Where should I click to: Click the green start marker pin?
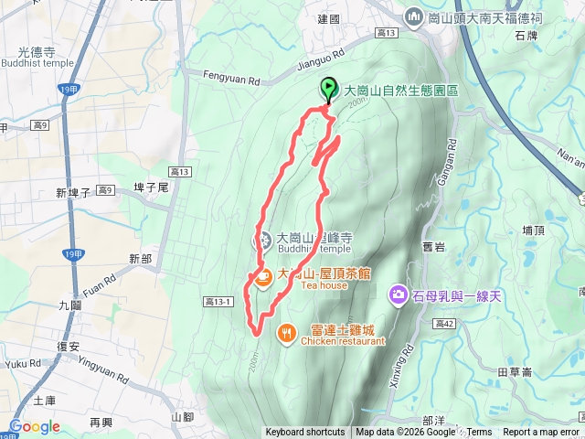click(328, 90)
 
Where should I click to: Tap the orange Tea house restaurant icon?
click(262, 277)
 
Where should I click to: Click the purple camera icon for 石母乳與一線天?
click(399, 294)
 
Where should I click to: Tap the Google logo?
click(35, 426)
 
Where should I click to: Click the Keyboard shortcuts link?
click(305, 433)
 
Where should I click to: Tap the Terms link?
click(480, 433)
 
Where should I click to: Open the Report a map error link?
click(541, 433)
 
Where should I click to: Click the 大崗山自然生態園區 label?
click(401, 91)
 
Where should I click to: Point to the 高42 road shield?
click(444, 324)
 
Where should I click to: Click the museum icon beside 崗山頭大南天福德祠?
click(413, 16)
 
